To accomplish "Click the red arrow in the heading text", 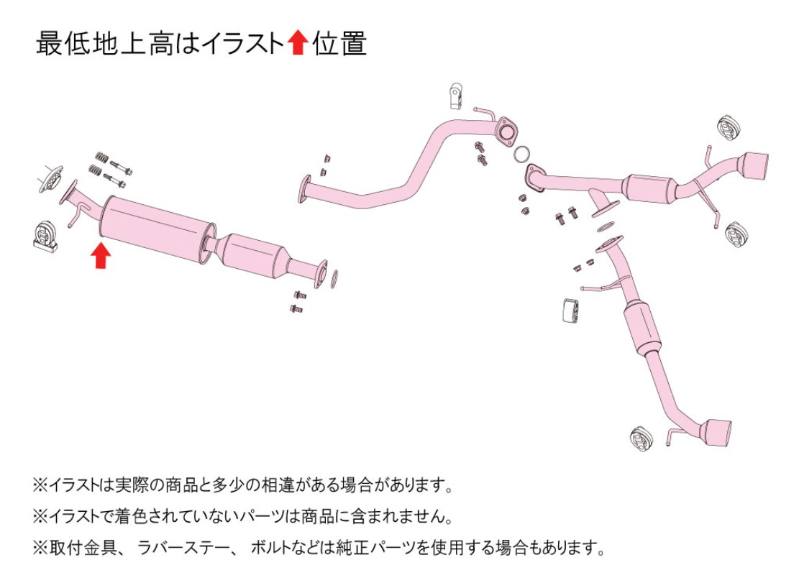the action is point(297,43).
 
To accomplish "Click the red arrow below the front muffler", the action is point(101,255).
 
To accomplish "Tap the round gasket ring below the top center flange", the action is point(521,154).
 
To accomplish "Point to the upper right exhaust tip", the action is point(752,169).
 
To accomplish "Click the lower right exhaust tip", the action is point(716,436).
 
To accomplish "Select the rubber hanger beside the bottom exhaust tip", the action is point(642,438).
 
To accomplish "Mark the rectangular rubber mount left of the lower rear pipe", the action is point(570,311).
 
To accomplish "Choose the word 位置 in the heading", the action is point(339,43).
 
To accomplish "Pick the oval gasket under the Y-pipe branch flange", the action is point(604,226).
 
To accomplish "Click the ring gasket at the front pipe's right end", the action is point(334,278).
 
